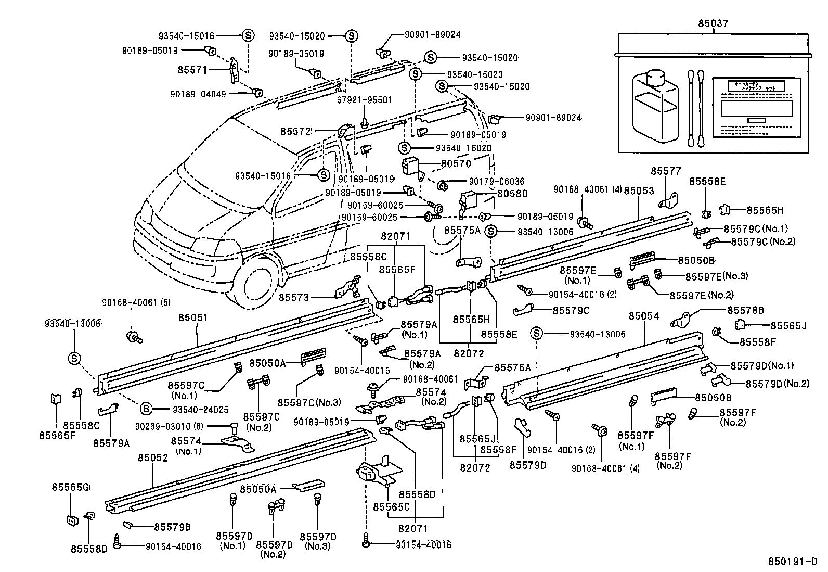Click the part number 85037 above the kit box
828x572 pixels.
(x=713, y=23)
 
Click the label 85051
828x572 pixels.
(x=193, y=317)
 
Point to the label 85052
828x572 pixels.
(x=153, y=457)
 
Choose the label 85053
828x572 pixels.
(x=639, y=191)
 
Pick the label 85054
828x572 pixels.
(x=644, y=316)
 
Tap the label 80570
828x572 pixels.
(x=456, y=163)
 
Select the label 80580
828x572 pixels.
(x=512, y=194)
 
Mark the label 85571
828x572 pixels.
(x=192, y=69)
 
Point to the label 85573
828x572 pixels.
(x=294, y=297)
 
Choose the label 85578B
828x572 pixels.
(x=745, y=310)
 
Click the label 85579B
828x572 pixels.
(x=172, y=527)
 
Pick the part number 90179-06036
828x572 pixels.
(x=496, y=181)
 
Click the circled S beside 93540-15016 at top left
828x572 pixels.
(x=248, y=35)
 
